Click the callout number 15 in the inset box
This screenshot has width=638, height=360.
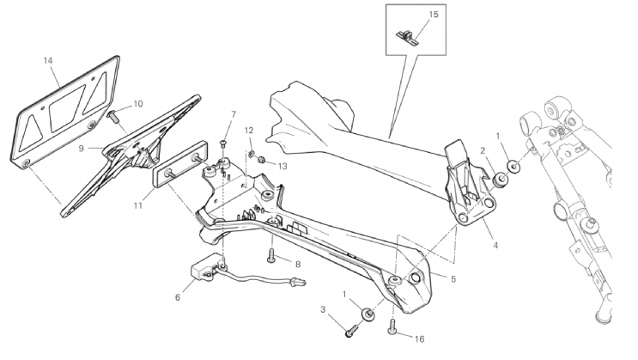(x=434, y=15)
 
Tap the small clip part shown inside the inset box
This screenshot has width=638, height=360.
(x=407, y=37)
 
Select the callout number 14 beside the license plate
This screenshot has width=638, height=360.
(x=48, y=61)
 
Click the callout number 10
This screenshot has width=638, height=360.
(x=138, y=104)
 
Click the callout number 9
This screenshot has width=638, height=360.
(x=81, y=149)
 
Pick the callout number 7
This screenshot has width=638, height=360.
(x=234, y=115)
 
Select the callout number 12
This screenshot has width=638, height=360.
(x=249, y=131)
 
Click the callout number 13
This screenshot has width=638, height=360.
(x=283, y=166)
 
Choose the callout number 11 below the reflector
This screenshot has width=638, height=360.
(x=138, y=205)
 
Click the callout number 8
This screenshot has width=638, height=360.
(x=298, y=265)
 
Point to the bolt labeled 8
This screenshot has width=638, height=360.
(x=271, y=256)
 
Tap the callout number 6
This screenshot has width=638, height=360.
(x=178, y=297)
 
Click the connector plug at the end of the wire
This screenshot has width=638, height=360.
(x=299, y=282)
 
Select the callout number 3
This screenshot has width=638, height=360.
(x=323, y=310)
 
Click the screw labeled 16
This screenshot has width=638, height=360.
(x=392, y=326)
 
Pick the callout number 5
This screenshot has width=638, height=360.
(x=453, y=279)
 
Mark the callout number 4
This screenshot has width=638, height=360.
(x=495, y=246)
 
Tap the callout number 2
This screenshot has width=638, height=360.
(x=483, y=151)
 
